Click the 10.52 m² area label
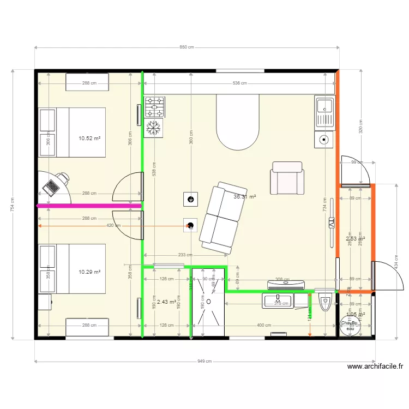[x=89, y=139]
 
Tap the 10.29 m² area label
[x=89, y=271]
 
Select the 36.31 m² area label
[x=245, y=197]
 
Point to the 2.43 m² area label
[x=166, y=302]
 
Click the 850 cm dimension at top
[x=187, y=47]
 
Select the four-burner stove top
[x=154, y=107]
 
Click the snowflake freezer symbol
[x=154, y=128]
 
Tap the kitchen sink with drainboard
[x=324, y=112]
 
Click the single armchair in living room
[x=287, y=178]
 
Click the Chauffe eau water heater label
[x=349, y=324]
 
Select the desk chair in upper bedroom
[x=64, y=177]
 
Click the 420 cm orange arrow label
[x=113, y=226]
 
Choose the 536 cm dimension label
[x=239, y=83]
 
